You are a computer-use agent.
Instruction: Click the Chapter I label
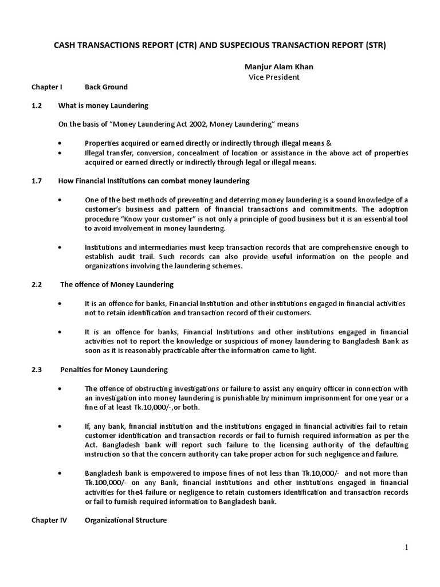pos(46,87)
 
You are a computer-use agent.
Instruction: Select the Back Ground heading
pos(106,87)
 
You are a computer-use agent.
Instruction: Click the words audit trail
pos(128,256)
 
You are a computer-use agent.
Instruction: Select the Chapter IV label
pos(49,521)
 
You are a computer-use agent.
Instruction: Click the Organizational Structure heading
pos(125,521)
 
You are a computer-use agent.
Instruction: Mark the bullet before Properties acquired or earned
pos(61,143)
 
